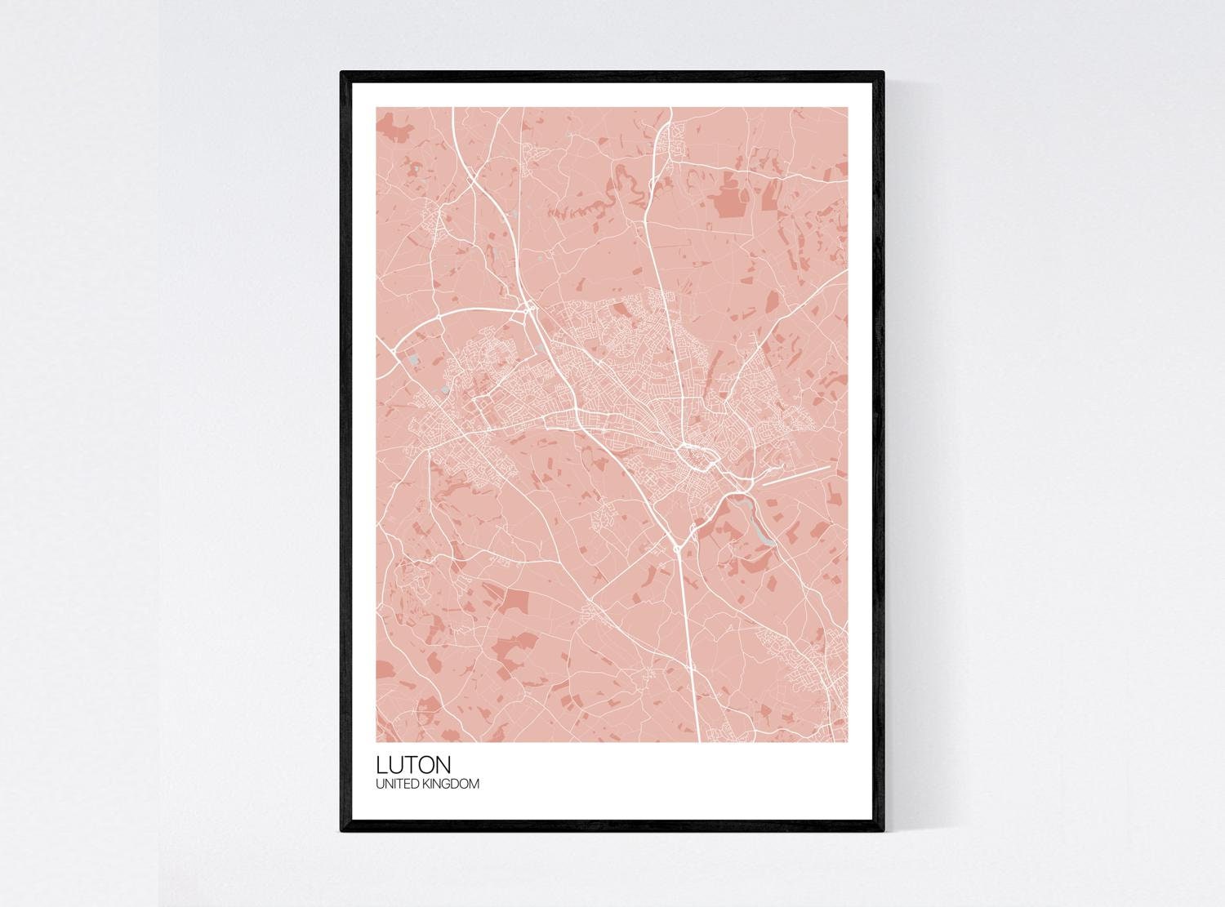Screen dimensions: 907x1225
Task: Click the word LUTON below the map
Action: point(413,765)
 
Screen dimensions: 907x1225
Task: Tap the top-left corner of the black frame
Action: point(342,73)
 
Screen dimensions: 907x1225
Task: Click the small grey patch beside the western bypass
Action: point(414,358)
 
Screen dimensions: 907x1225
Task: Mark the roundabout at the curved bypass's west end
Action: point(394,350)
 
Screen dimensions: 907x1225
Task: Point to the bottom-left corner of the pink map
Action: point(376,741)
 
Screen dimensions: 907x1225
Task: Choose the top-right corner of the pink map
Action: point(848,108)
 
